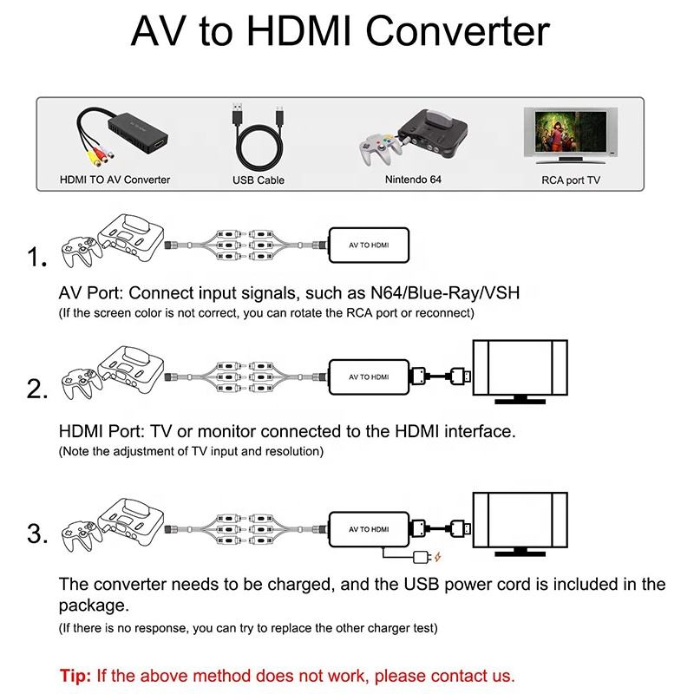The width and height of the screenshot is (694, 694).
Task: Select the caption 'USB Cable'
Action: pyautogui.click(x=258, y=180)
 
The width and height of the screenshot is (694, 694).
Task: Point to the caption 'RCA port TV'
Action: pyautogui.click(x=570, y=180)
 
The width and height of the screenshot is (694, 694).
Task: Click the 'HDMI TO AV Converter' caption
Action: pyautogui.click(x=115, y=180)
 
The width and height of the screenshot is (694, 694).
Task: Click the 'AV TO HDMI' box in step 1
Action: pyautogui.click(x=369, y=246)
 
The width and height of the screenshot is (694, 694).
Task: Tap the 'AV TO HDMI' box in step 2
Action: pyautogui.click(x=369, y=377)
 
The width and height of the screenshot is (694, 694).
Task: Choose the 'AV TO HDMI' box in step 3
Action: pyautogui.click(x=369, y=529)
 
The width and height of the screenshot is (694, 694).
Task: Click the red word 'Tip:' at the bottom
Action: pyautogui.click(x=76, y=675)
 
